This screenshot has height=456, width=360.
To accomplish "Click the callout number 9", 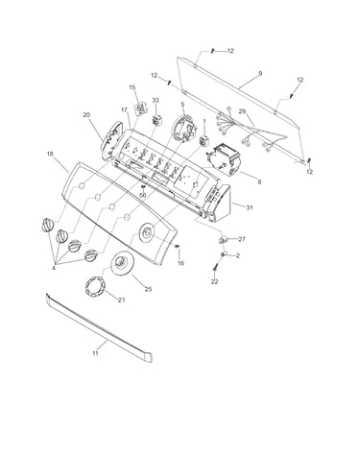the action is (260, 74).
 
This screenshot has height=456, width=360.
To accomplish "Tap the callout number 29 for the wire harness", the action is (242, 111).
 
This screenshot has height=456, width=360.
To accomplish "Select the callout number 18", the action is (50, 154).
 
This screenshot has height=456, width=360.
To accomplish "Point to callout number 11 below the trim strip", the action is (95, 353).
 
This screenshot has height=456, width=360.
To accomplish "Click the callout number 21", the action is (121, 300).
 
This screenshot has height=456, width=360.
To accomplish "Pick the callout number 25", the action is (148, 289).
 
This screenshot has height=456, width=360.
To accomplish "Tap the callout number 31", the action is (250, 207).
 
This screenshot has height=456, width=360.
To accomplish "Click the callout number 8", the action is (259, 182).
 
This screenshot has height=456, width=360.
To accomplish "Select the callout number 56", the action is (143, 195).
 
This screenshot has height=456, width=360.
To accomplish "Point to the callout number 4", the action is (54, 268).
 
